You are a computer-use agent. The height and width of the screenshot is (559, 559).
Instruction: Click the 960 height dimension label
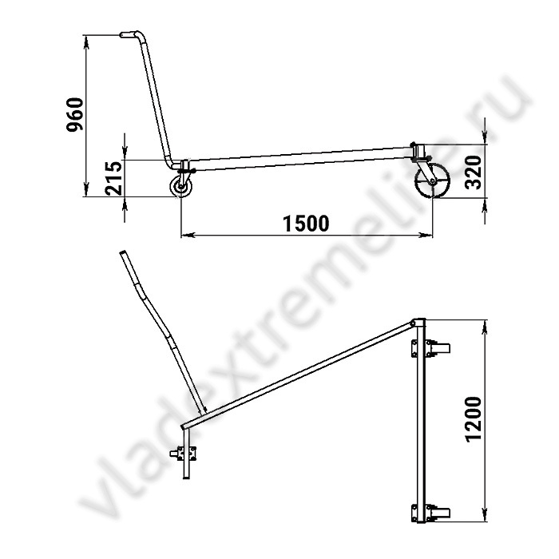[x=75, y=114]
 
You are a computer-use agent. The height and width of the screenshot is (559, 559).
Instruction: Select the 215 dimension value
[x=114, y=178]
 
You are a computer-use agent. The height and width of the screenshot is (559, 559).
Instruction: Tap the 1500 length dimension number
[x=306, y=224]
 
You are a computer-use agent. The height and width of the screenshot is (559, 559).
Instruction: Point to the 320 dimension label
[x=474, y=172]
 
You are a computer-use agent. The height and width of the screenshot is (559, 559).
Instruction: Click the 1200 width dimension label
[x=474, y=419]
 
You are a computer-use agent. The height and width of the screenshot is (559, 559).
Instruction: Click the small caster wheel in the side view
[x=181, y=186]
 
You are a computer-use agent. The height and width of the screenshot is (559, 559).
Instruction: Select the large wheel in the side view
[x=432, y=180]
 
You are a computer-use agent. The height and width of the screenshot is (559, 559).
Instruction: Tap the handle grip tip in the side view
[x=122, y=34]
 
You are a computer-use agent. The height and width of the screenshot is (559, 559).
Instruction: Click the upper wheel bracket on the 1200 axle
[x=430, y=348]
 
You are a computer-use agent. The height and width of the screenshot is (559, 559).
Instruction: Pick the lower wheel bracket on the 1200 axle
[x=430, y=513]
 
